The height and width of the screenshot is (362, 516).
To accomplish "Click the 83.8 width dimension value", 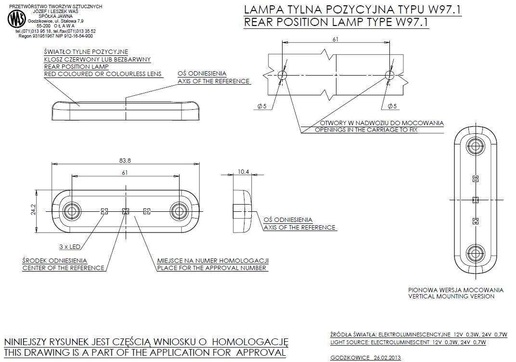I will coord(126,160).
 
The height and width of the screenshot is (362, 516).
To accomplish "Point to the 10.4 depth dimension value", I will coord(244,172).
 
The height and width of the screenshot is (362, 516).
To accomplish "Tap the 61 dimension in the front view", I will coord(125,172).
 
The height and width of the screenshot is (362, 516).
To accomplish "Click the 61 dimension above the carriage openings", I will coord(335,39).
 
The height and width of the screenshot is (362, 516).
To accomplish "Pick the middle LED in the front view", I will coord(126,211).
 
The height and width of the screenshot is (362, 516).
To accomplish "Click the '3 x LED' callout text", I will coord(69,247).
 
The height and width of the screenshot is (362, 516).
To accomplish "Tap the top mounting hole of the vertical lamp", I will coord(475,146).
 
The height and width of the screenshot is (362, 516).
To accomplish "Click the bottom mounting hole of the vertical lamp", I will coord(475,253).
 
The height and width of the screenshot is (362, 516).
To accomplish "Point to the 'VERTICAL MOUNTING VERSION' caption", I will coord(451,297).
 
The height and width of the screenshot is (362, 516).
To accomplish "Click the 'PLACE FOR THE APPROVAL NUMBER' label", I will coord(212,268).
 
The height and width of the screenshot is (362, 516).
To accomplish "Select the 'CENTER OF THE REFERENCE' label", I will coord(63,268).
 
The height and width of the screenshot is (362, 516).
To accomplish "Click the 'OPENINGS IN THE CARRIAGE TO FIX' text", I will coord(366,130).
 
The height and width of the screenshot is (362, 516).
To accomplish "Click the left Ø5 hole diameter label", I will coord(262,106).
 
